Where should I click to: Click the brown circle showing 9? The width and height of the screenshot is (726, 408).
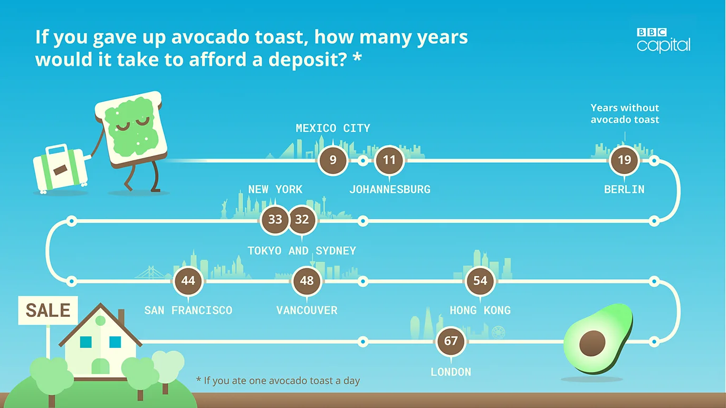(333, 160)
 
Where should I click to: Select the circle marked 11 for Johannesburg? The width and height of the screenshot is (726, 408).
(389, 160)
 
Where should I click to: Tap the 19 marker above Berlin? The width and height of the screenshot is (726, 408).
(624, 160)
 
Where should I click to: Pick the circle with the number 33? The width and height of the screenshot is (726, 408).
(275, 220)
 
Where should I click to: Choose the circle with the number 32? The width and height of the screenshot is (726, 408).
(302, 220)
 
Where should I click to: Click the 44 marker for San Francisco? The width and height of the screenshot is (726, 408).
(188, 281)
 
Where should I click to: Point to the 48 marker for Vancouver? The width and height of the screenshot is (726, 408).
(307, 281)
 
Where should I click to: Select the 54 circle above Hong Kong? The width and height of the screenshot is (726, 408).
(480, 281)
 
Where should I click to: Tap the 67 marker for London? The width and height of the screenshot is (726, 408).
(451, 341)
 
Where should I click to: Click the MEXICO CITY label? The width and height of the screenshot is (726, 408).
(333, 128)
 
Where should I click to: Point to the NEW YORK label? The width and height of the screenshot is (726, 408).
(275, 189)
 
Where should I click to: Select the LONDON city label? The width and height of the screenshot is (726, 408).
(451, 372)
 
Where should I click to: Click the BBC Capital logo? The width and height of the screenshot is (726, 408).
(663, 41)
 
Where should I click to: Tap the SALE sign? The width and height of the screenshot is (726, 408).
(48, 310)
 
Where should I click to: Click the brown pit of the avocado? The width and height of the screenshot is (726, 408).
(592, 344)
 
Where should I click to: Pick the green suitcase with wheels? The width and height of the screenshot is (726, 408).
(60, 168)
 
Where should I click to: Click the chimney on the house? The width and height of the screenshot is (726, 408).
(121, 317)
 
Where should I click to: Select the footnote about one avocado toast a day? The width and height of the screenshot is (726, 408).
(278, 381)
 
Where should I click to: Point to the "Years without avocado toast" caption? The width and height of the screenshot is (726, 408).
(625, 114)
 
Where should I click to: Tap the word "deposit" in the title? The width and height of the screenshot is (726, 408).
(308, 61)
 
